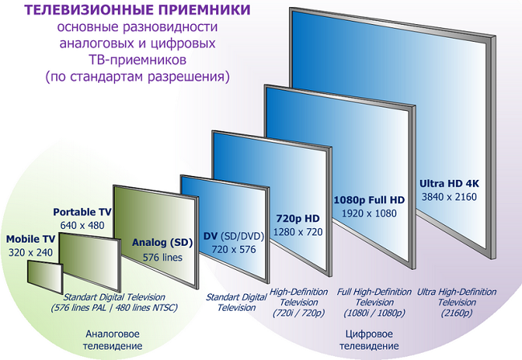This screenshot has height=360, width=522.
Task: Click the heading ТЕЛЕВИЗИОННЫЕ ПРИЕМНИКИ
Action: click(x=137, y=10)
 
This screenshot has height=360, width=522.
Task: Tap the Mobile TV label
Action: click(x=31, y=239)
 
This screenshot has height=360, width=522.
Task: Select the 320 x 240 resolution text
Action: click(x=31, y=252)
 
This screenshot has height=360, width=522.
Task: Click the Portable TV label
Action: click(x=82, y=212)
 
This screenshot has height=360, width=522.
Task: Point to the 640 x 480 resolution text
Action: click(x=82, y=226)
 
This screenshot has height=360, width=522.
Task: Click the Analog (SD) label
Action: click(x=162, y=243)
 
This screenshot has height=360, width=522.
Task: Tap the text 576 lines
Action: click(x=162, y=257)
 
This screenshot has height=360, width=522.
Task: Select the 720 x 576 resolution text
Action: click(x=234, y=249)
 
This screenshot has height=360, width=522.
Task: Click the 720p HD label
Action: click(x=298, y=219)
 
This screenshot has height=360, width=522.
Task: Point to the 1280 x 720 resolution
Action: click(x=298, y=231)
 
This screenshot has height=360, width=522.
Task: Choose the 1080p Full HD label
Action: click(x=369, y=200)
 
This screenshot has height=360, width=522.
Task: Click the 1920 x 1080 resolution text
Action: click(x=369, y=214)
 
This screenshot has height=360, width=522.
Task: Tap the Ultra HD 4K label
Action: click(x=449, y=183)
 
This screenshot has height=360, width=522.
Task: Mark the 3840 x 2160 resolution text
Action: click(x=449, y=197)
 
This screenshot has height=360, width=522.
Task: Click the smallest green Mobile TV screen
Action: click(x=45, y=277)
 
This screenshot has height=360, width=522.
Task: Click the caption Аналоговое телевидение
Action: click(x=112, y=340)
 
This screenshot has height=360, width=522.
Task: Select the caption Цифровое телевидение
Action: click(x=369, y=340)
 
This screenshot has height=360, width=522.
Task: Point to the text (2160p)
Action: click(x=457, y=313)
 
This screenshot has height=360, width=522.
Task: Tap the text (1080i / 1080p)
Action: click(x=374, y=313)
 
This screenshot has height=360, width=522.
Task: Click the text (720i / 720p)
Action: click(x=299, y=313)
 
